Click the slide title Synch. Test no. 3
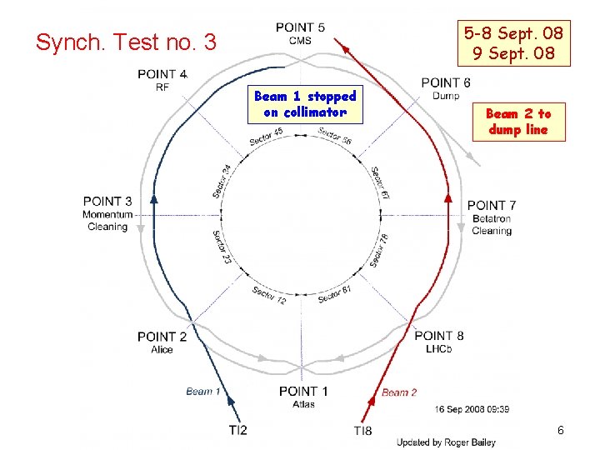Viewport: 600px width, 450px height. coord(125,42)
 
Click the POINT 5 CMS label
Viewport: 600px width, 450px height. coord(301,33)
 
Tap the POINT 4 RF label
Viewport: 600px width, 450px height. coord(162,80)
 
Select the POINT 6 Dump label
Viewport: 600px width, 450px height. coord(446,88)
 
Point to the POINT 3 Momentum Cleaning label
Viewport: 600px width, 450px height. coord(107,213)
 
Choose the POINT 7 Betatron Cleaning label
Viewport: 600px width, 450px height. coord(492,217)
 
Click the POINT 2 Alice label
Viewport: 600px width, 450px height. coord(162,342)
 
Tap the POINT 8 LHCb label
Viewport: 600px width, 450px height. coord(439,342)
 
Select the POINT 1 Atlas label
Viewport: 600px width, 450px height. coord(303,397)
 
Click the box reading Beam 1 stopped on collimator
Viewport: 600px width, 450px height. coord(305,104)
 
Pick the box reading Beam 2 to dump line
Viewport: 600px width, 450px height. coord(518,122)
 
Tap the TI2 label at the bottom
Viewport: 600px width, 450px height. coord(237,430)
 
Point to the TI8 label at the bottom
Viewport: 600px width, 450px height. coord(363,430)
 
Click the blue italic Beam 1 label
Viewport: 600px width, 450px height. coord(204,391)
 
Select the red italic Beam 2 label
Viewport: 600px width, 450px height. coord(399,392)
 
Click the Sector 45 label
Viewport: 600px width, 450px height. coord(267,137)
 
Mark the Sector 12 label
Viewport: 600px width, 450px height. coord(269,295)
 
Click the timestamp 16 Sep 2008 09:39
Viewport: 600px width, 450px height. coord(472,409)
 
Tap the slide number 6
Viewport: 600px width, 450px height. coord(561,430)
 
